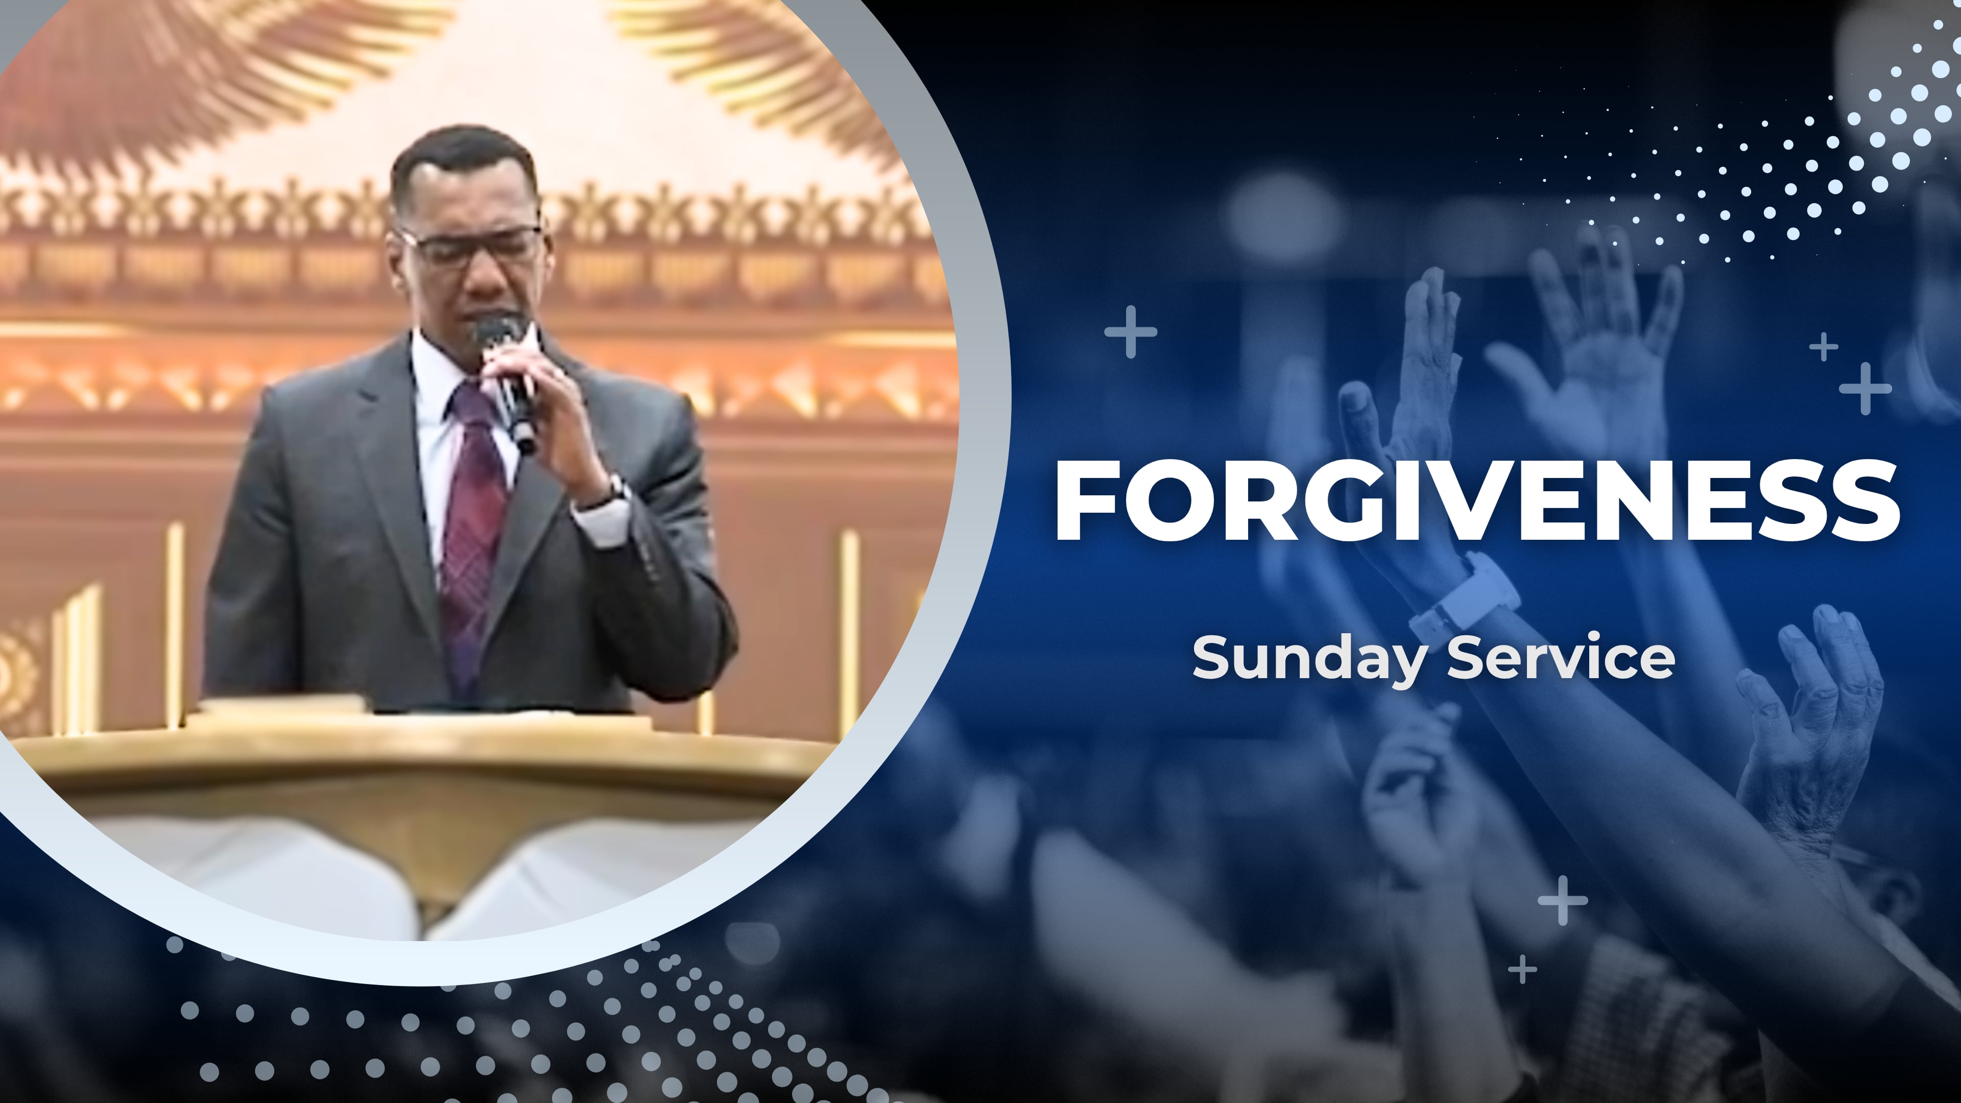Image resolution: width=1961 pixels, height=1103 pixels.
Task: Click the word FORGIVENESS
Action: point(1477,501)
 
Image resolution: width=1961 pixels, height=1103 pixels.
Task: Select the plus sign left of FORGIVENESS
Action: point(1131,332)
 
